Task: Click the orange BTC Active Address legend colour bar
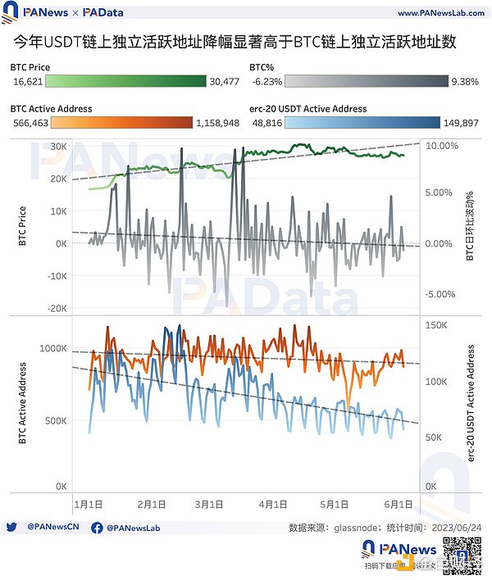click(122, 123)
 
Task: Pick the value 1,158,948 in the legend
click(218, 123)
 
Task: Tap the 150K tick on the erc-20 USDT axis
click(437, 324)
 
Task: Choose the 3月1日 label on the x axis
click(210, 504)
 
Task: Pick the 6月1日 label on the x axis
click(398, 504)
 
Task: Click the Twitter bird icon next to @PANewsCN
click(11, 528)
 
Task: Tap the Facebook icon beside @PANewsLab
click(97, 528)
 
